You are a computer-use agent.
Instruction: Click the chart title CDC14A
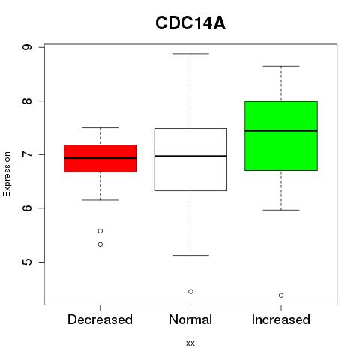[x=190, y=23]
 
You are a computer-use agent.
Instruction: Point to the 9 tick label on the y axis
[x=27, y=47]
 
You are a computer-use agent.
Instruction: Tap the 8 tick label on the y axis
[x=27, y=100]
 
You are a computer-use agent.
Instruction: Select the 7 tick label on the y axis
[x=27, y=154]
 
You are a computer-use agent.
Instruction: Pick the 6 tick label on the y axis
[x=27, y=208]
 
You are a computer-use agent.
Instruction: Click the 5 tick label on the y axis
[x=27, y=262]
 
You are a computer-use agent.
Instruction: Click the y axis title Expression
[x=7, y=174]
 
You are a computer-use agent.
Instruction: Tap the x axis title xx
[x=190, y=343]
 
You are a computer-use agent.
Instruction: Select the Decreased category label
[x=100, y=319]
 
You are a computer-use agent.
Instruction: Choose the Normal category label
[x=190, y=319]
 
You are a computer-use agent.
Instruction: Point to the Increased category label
[x=281, y=319]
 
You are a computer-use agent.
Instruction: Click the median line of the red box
[x=100, y=158]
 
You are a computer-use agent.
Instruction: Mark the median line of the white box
[x=190, y=156]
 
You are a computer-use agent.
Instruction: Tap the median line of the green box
[x=281, y=130]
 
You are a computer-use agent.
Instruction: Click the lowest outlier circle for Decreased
[x=100, y=244]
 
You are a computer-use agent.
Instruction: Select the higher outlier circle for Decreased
[x=100, y=231]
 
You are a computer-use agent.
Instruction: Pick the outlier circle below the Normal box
[x=190, y=292]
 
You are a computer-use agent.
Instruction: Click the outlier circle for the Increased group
[x=281, y=295]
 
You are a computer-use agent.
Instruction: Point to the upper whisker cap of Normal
[x=190, y=54]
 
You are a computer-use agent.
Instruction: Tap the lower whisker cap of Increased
[x=281, y=210]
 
